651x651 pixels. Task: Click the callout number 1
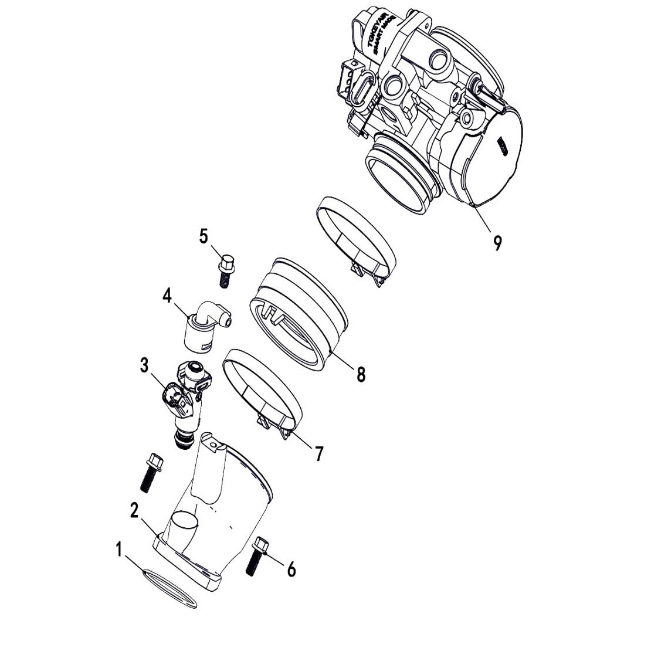pos(120,551)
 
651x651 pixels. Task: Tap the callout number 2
pos(134,510)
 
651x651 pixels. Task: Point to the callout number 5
pos(204,236)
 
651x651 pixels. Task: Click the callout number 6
pos(291,568)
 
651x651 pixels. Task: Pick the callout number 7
pos(318,453)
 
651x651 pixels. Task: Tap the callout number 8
pos(361,374)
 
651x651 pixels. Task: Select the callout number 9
pos(497,242)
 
